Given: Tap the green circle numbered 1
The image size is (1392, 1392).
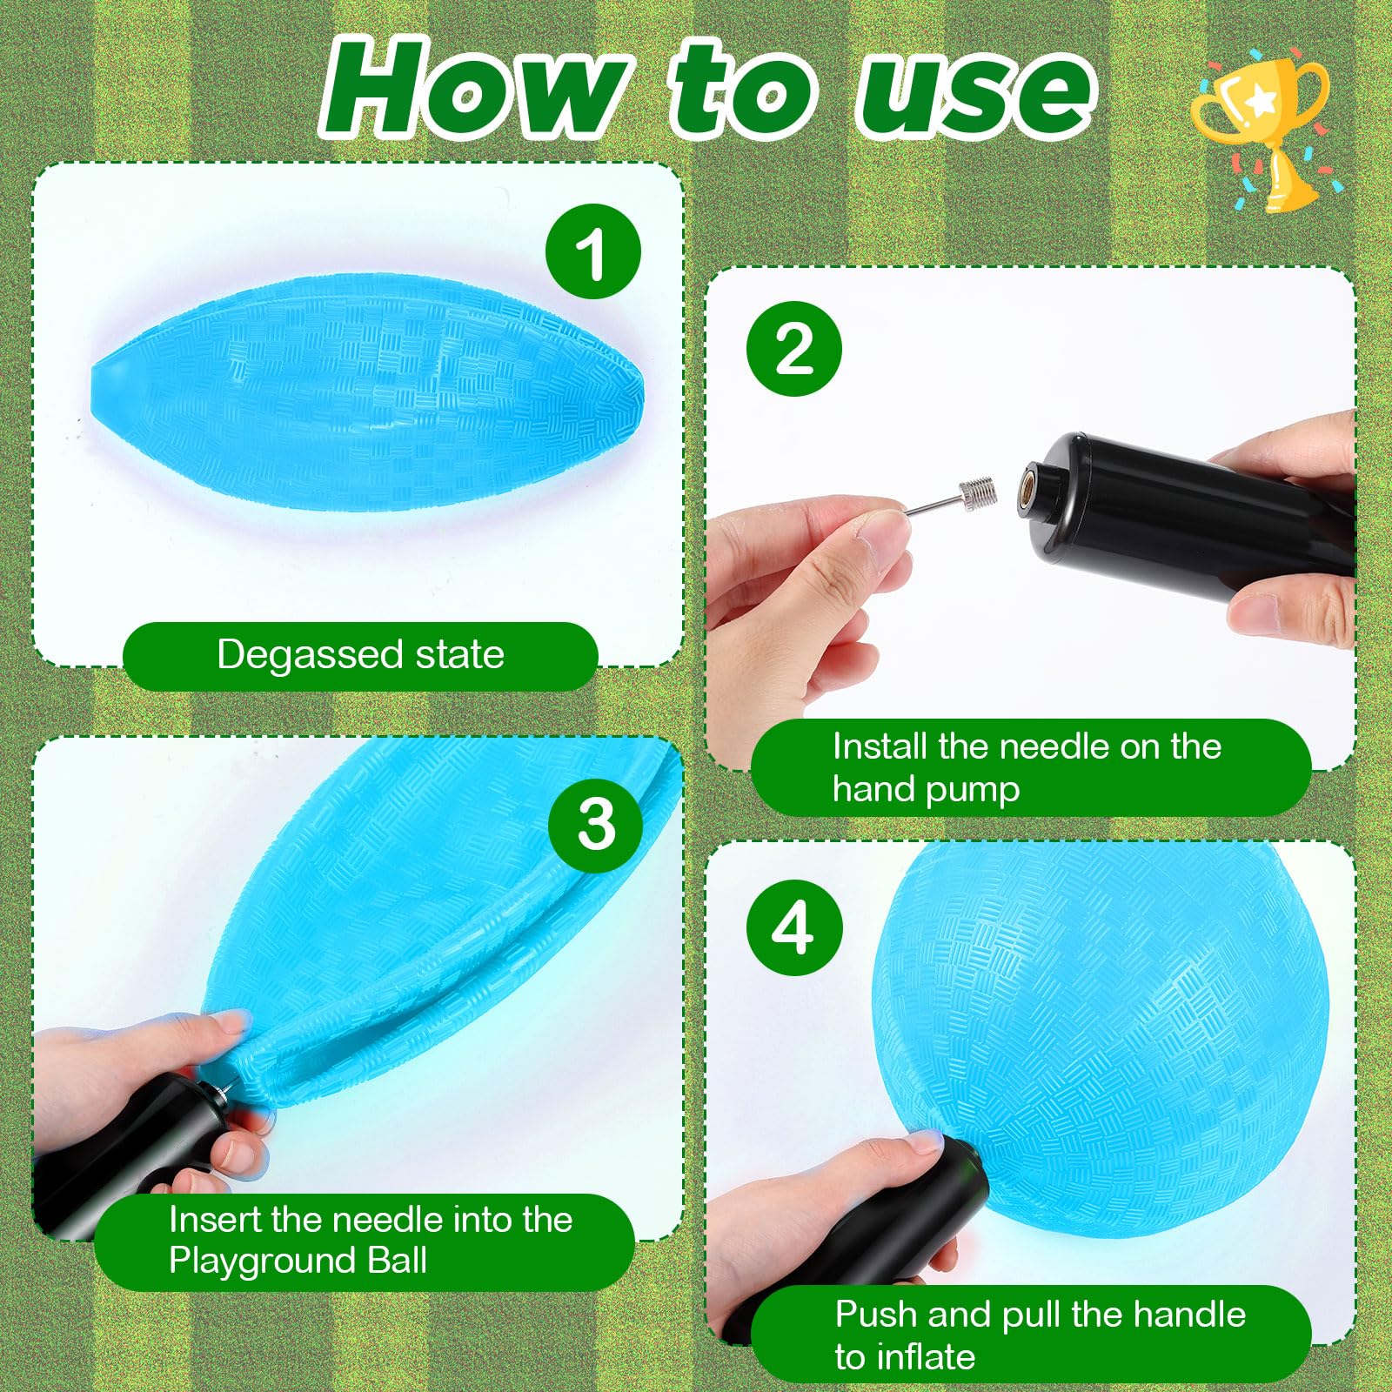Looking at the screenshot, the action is pyautogui.click(x=592, y=251).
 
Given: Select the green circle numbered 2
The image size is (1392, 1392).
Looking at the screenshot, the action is pyautogui.click(x=794, y=349).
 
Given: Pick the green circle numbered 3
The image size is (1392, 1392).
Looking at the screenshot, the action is pyautogui.click(x=596, y=825).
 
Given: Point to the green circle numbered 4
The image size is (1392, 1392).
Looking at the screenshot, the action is pyautogui.click(x=794, y=927).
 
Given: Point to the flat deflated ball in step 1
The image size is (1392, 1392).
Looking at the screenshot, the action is pyautogui.click(x=367, y=393).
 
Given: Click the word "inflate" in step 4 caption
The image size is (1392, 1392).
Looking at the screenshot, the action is pyautogui.click(x=926, y=1356).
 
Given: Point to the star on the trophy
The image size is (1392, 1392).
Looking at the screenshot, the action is pyautogui.click(x=1260, y=103).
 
